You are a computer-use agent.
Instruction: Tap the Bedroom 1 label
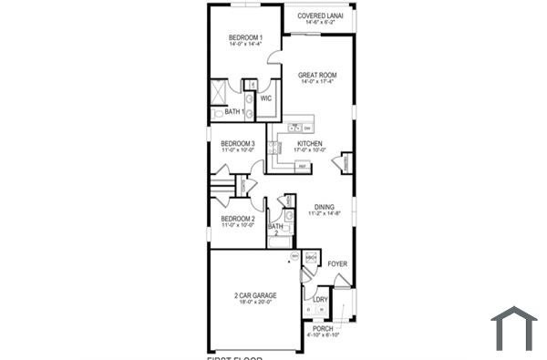point(245,36)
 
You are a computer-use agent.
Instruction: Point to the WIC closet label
point(266,98)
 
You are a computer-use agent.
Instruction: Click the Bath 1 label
point(234,112)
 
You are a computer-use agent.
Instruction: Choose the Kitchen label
point(310,144)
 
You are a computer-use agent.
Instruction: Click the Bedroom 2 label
point(237,219)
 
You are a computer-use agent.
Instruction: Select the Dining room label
point(325,207)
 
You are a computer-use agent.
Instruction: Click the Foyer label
point(338,264)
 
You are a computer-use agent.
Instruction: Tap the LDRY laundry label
point(320,299)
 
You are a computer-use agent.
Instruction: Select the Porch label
point(324,328)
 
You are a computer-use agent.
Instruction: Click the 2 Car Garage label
point(254,296)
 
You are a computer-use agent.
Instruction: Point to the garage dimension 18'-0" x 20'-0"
point(254,303)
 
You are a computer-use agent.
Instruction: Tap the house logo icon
point(513,327)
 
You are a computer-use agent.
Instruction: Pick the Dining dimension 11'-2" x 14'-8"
point(325,214)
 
